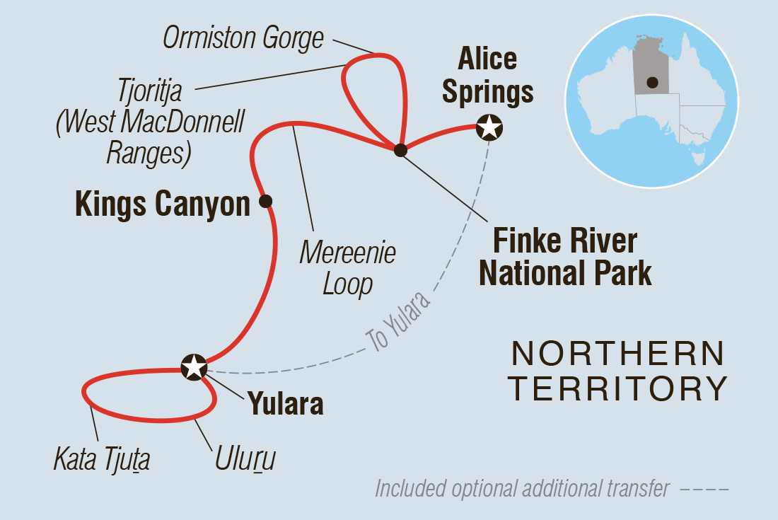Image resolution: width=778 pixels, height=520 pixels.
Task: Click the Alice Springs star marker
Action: pyautogui.click(x=489, y=127)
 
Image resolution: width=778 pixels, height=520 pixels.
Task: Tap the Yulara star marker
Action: pyautogui.click(x=194, y=368)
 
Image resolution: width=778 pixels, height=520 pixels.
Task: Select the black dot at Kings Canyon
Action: pyautogui.click(x=265, y=201)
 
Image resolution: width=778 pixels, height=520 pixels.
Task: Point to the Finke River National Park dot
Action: pyautogui.click(x=400, y=150)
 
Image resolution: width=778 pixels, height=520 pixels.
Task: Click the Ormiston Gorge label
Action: pyautogui.click(x=243, y=38)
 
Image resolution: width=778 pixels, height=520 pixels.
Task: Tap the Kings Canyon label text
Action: pyautogui.click(x=162, y=204)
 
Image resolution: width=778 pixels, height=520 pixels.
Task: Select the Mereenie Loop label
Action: pyautogui.click(x=348, y=268)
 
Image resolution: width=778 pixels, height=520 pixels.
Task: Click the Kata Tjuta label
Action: pyautogui.click(x=102, y=458)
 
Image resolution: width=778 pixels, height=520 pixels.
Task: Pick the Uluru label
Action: pyautogui.click(x=245, y=458)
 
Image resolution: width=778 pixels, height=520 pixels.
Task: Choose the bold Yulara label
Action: pyautogui.click(x=286, y=403)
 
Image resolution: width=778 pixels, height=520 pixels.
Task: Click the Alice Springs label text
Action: pyautogui.click(x=488, y=75)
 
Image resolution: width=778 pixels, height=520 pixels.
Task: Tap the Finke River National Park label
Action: pyautogui.click(x=565, y=257)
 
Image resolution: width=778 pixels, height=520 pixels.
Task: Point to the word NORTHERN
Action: pyautogui.click(x=618, y=354)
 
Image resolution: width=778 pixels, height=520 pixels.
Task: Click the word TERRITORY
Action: pyautogui.click(x=618, y=388)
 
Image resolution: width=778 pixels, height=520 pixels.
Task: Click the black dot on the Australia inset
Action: pyautogui.click(x=653, y=83)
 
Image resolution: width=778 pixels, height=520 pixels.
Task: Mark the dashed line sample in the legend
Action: pyautogui.click(x=704, y=490)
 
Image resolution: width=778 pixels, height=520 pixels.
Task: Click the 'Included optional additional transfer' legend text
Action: pyautogui.click(x=523, y=488)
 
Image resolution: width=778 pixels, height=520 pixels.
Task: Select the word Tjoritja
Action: pyautogui.click(x=150, y=91)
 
